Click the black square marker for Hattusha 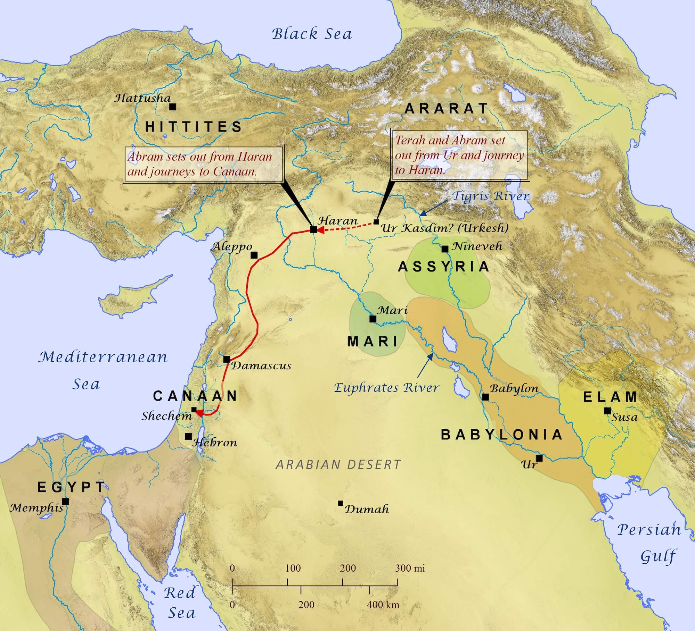point(172,107)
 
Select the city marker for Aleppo point(254,255)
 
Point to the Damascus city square point(227,359)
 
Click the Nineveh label point(477,246)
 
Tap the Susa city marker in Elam point(607,411)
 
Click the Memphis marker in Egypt point(65,502)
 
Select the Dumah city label point(366,510)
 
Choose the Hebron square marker point(188,436)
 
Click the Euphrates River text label point(386,387)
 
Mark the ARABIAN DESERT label point(338,464)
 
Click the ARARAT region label point(447,109)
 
